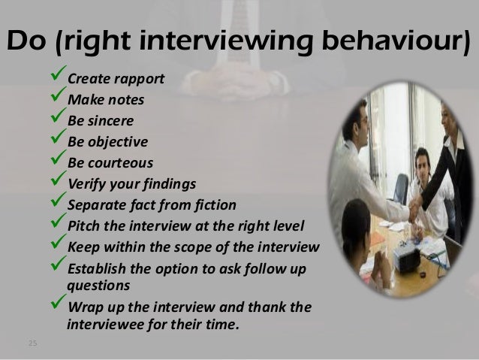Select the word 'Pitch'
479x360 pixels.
(83, 225)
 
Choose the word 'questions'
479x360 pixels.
(98, 286)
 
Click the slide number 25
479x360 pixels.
(32, 344)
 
